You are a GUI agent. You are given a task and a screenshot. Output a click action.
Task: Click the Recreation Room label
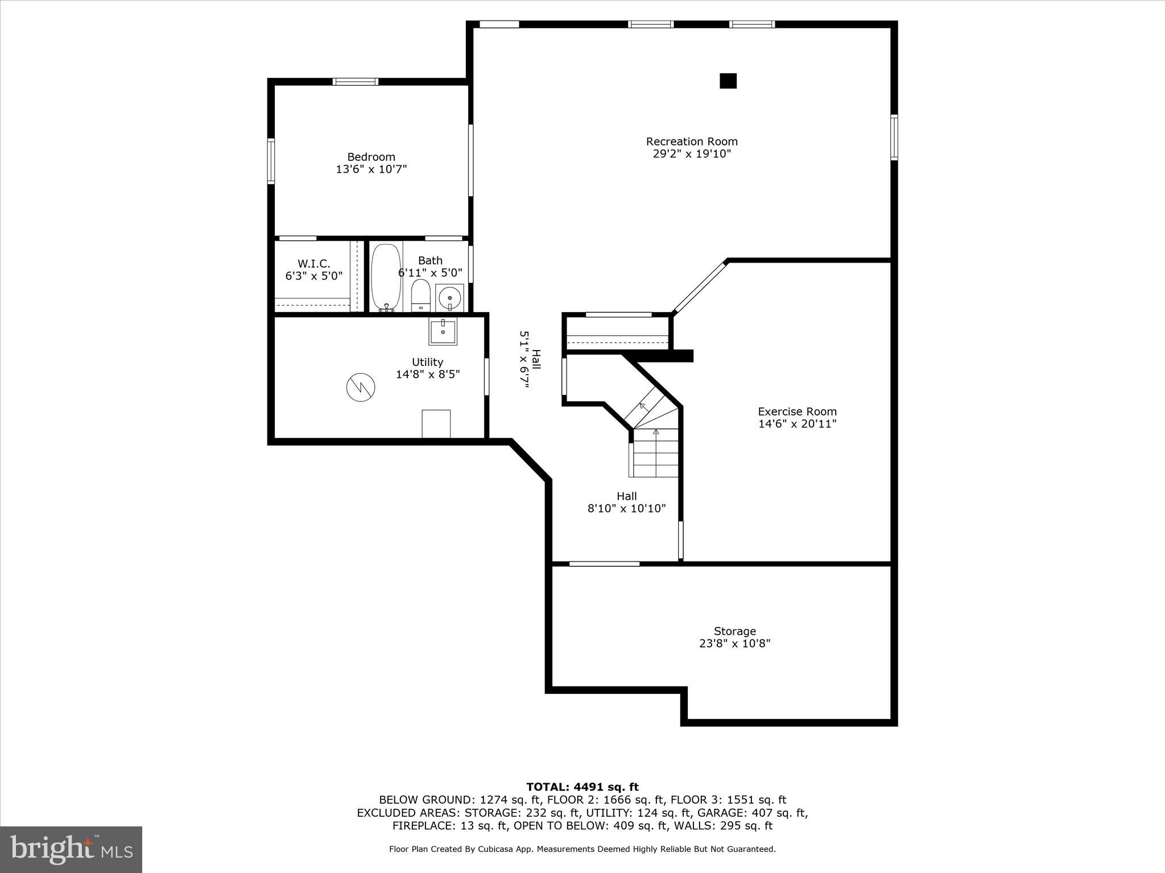coord(691,142)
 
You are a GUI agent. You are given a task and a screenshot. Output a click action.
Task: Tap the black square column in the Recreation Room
coord(728,81)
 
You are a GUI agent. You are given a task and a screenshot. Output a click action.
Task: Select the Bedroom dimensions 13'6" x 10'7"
coord(371,169)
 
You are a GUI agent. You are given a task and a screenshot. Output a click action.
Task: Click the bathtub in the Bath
coord(386,277)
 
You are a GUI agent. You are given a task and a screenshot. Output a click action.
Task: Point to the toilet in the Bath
coord(421,295)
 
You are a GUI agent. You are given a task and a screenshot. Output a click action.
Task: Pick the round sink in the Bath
coord(450,297)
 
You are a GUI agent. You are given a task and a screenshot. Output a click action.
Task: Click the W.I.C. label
coord(313,264)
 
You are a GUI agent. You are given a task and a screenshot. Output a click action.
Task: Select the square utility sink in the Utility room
coord(443,331)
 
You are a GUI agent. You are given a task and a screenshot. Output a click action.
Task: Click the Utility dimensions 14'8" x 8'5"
coord(428,375)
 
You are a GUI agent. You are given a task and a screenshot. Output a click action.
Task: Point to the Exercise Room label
coord(797,411)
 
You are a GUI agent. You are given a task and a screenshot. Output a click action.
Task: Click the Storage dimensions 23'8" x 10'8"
coord(734,643)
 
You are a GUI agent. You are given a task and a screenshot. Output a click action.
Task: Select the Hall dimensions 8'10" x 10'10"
coord(626,509)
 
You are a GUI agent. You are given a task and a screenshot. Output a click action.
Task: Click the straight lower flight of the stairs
coord(656,454)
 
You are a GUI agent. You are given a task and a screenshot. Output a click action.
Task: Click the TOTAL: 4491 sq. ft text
coord(582,787)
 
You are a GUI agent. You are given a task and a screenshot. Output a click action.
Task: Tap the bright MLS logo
coord(71,849)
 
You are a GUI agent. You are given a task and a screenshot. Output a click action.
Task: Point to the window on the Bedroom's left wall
coord(271,161)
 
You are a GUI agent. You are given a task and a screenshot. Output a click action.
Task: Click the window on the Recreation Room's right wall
coord(894,137)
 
